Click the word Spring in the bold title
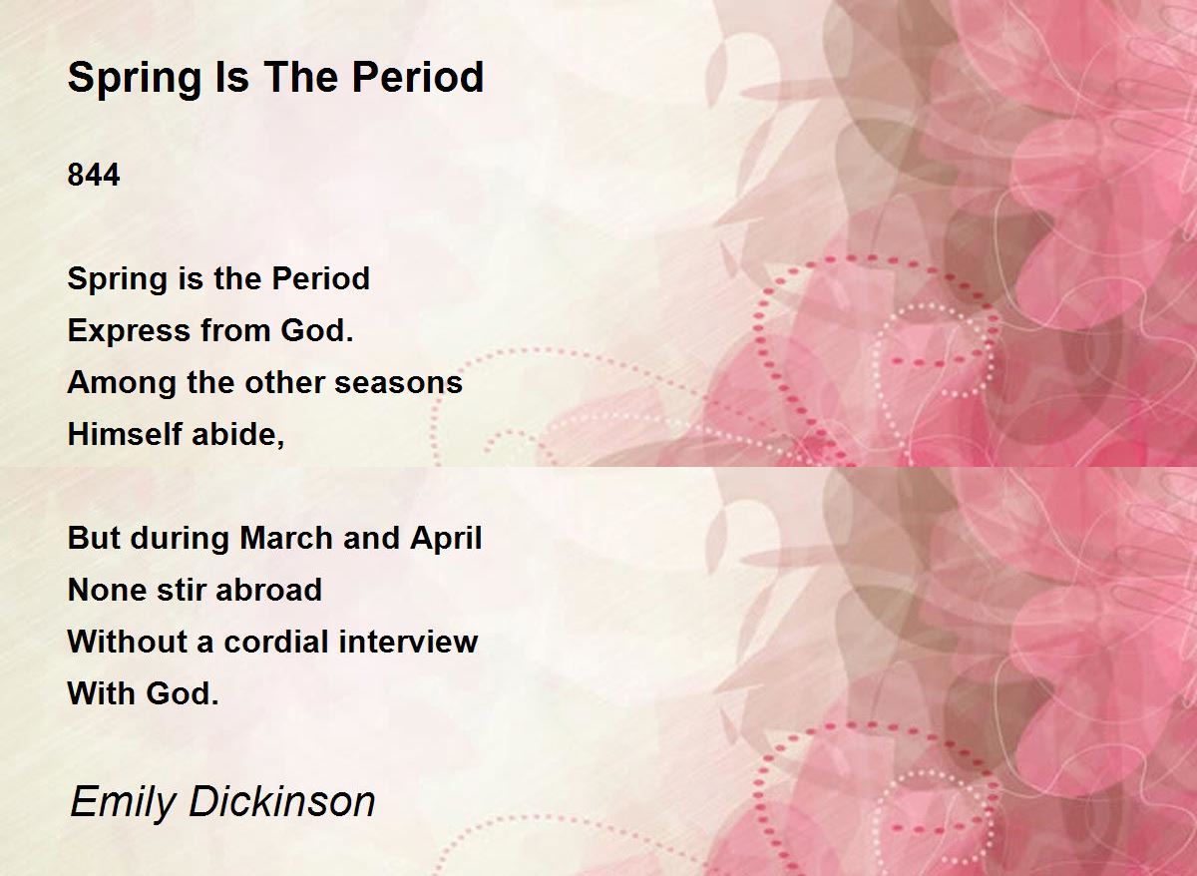coord(134,79)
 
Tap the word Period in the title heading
coord(417,77)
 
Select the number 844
coord(94,175)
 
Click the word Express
coord(129,331)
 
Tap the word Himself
coord(125,433)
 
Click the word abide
coord(237,435)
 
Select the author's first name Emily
coord(123,803)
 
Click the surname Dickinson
coord(282,801)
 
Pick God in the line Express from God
coord(317,330)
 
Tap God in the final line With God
coord(183,693)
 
